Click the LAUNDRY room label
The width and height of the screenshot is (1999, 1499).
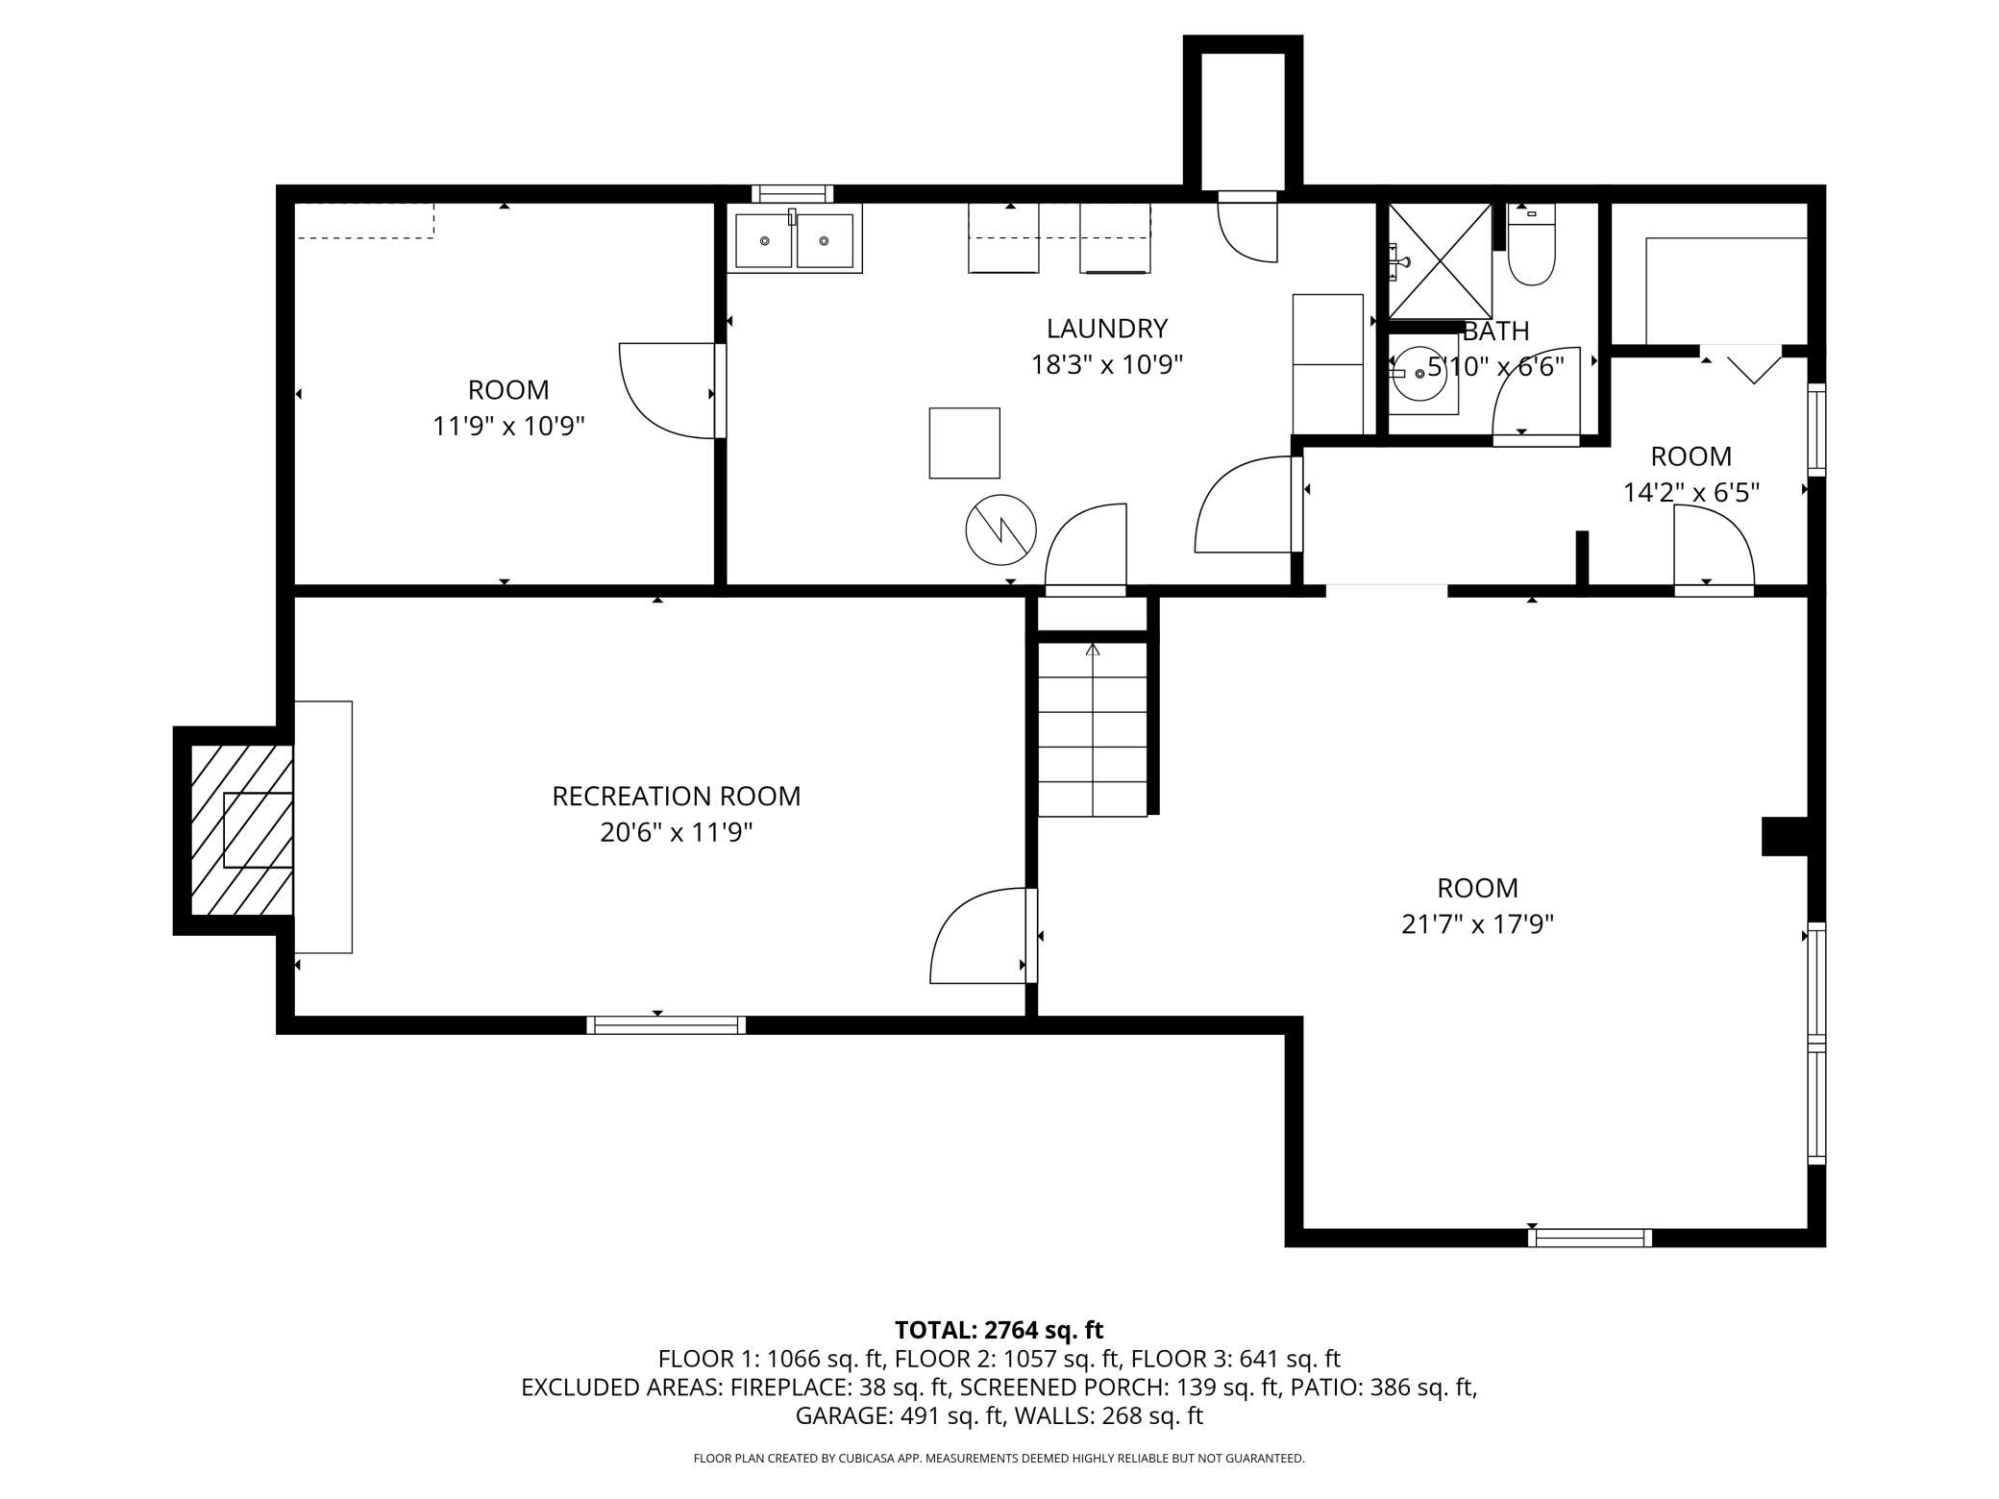1106,329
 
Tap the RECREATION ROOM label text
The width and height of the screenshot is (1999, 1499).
676,797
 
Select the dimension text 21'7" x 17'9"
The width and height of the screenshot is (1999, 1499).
1477,924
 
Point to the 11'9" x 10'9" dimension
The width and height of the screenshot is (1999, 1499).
508,426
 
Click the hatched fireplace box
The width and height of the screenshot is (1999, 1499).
241,830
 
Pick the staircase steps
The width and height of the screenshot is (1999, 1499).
1093,729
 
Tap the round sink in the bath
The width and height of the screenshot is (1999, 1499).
1420,373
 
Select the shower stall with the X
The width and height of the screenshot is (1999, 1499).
1440,260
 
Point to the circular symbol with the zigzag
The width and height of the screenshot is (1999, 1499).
1001,529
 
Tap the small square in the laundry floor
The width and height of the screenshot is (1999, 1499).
964,443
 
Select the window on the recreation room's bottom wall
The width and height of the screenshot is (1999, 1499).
666,1024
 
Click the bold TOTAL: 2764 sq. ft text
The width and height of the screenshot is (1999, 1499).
999,1330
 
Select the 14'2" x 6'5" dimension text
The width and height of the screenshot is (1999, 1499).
1691,493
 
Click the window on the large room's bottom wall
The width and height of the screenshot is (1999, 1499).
1590,1238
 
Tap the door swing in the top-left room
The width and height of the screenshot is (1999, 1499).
668,390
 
